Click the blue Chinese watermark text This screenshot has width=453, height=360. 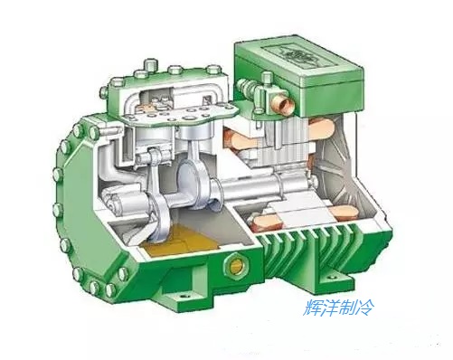339,308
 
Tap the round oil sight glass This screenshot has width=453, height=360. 236,266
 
